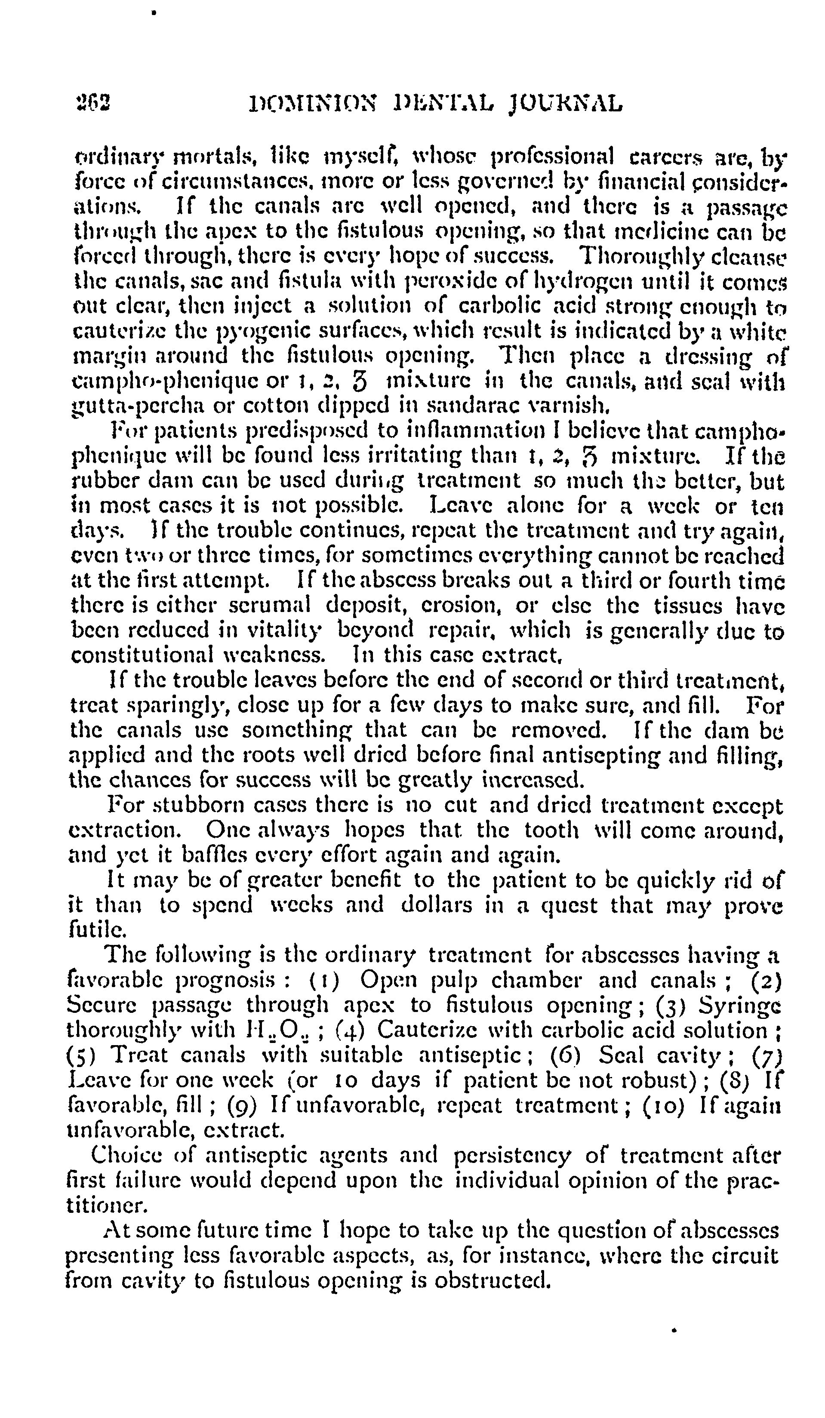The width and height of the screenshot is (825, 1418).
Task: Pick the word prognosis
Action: click(x=226, y=980)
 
